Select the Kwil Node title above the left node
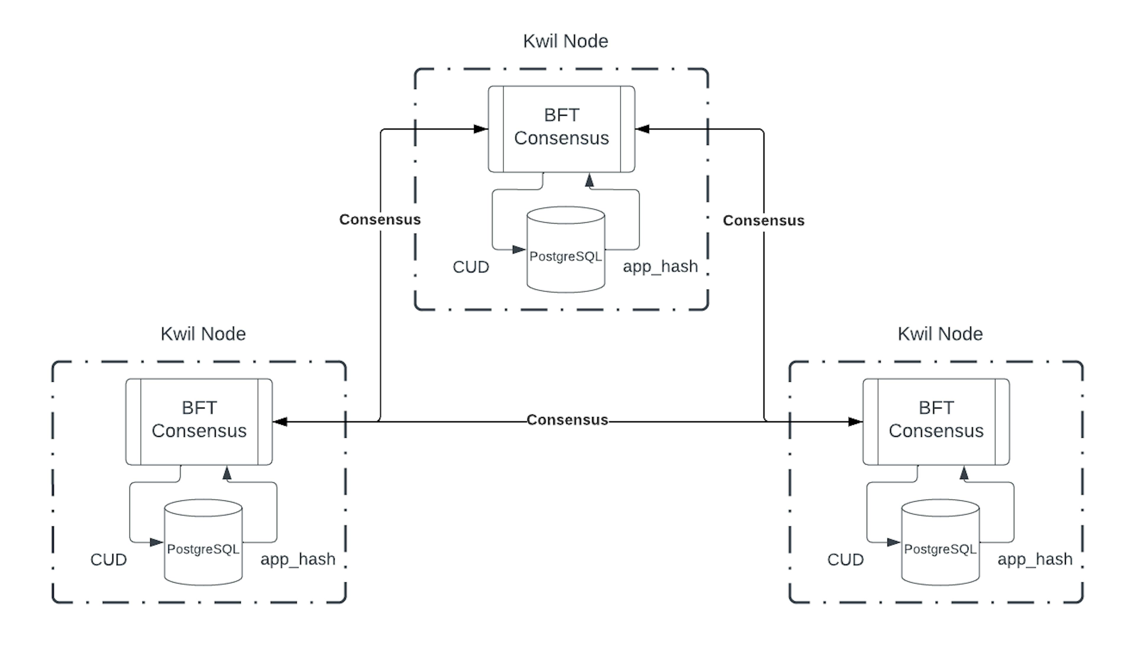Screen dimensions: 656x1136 203,334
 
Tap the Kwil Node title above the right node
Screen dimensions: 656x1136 940,334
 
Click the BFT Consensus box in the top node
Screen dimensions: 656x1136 561,129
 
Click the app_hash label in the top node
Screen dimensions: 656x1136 660,267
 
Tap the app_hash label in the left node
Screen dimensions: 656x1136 298,559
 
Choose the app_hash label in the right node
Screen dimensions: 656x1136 1035,559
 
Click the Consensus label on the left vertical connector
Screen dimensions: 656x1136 380,219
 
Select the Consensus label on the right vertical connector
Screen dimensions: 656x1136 763,220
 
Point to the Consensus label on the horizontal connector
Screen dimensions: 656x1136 567,420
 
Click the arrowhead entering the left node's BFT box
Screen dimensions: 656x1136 280,422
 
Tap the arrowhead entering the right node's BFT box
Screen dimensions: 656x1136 855,422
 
